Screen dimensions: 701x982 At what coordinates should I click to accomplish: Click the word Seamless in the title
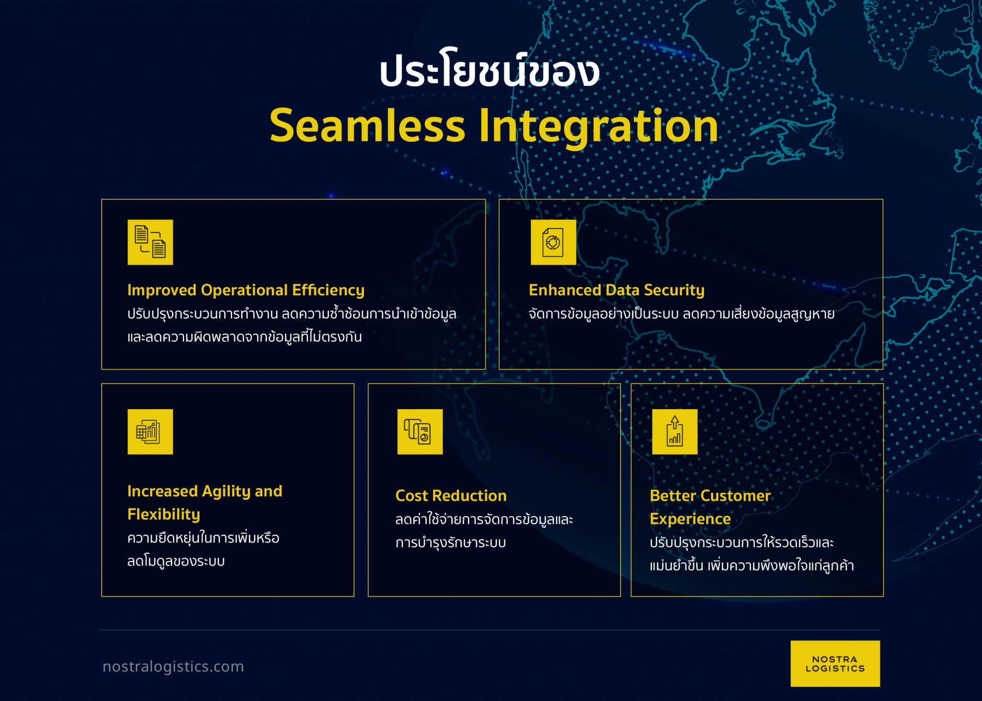point(367,126)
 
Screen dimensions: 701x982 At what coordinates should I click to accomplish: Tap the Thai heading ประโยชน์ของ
point(489,72)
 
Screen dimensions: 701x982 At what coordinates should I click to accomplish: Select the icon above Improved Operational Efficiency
point(150,242)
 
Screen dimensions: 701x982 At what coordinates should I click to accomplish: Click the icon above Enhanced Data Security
point(553,242)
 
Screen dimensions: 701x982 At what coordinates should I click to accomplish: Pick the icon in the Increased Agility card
point(150,431)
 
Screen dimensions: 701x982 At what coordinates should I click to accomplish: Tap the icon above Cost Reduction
point(420,431)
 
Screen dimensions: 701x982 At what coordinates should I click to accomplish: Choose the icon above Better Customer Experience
point(674,431)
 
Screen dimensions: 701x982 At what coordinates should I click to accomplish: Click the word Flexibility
point(164,514)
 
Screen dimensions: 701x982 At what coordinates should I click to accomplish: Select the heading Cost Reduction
point(451,495)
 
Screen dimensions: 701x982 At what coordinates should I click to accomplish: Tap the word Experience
point(690,519)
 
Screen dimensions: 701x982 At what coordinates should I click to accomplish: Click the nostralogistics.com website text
point(173,667)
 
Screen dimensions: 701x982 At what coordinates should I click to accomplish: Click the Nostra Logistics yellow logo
point(835,664)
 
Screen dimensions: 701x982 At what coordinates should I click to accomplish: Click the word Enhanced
point(564,290)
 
